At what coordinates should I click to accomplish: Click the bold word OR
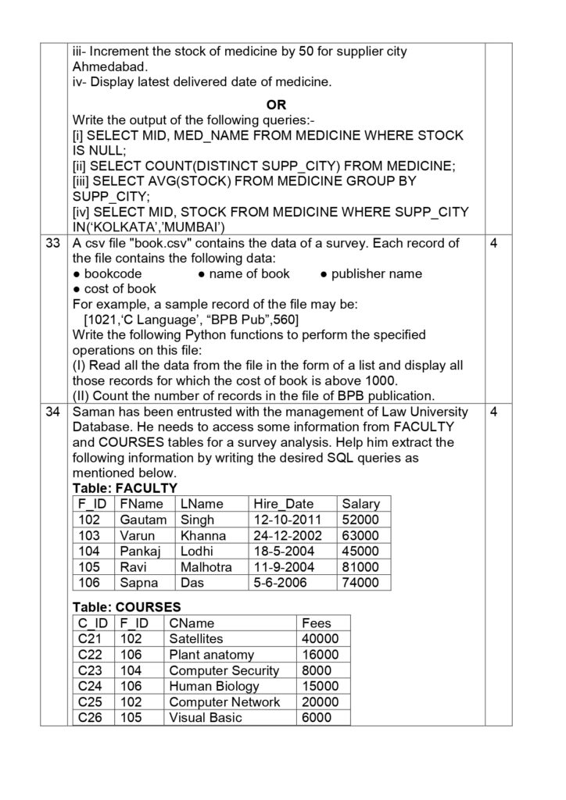(276, 105)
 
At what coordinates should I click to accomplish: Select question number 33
(53, 244)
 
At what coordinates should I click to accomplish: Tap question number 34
(53, 412)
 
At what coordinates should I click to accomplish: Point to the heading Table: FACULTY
(120, 487)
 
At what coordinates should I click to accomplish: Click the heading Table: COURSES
(126, 606)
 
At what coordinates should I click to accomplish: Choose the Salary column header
(360, 504)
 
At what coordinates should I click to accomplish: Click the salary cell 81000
(360, 566)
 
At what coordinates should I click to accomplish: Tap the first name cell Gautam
(143, 520)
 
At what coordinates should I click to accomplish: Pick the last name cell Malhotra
(206, 566)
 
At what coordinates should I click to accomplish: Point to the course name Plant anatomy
(211, 655)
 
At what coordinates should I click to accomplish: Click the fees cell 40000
(320, 639)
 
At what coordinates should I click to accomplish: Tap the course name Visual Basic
(206, 717)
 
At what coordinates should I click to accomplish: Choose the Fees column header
(316, 623)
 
